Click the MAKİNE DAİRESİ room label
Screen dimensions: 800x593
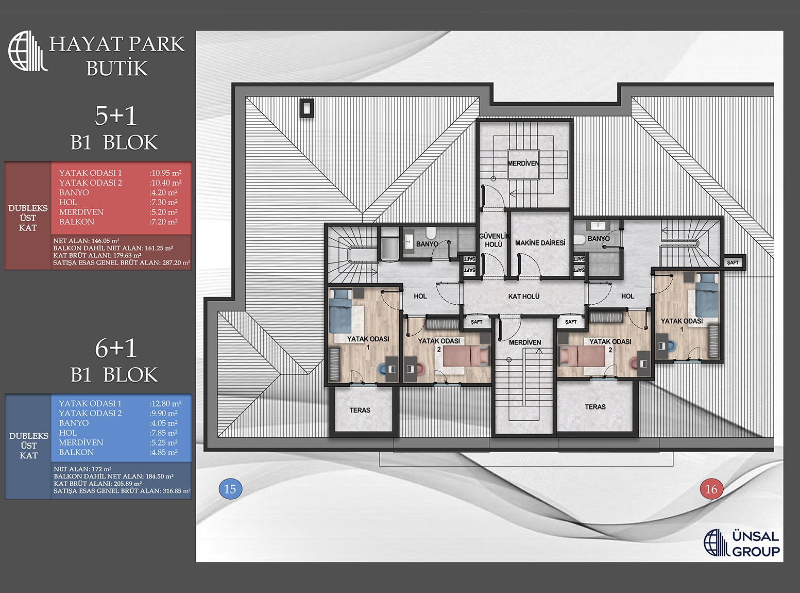pyautogui.click(x=540, y=243)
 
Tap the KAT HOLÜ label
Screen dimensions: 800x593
pyautogui.click(x=524, y=296)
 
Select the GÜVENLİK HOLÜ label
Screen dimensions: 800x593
pyautogui.click(x=494, y=240)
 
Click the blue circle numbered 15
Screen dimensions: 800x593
pyautogui.click(x=230, y=489)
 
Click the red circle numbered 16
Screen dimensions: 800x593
pyautogui.click(x=711, y=489)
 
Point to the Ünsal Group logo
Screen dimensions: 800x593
pyautogui.click(x=742, y=543)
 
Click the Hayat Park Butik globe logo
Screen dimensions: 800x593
pyautogui.click(x=27, y=51)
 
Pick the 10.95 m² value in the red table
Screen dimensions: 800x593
pyautogui.click(x=166, y=173)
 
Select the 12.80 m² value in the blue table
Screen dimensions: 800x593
pyautogui.click(x=166, y=403)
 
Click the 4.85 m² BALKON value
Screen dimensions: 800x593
pyautogui.click(x=164, y=452)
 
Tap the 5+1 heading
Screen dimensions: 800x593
pyautogui.click(x=116, y=116)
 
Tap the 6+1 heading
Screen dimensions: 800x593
pyautogui.click(x=116, y=349)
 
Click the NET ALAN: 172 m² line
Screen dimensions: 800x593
pyautogui.click(x=82, y=469)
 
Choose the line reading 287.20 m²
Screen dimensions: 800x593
pyautogui.click(x=122, y=262)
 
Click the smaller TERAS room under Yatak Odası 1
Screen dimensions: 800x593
pyautogui.click(x=363, y=410)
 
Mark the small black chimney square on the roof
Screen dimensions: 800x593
pyautogui.click(x=307, y=108)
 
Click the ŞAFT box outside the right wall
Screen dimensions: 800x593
pyautogui.click(x=733, y=262)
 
